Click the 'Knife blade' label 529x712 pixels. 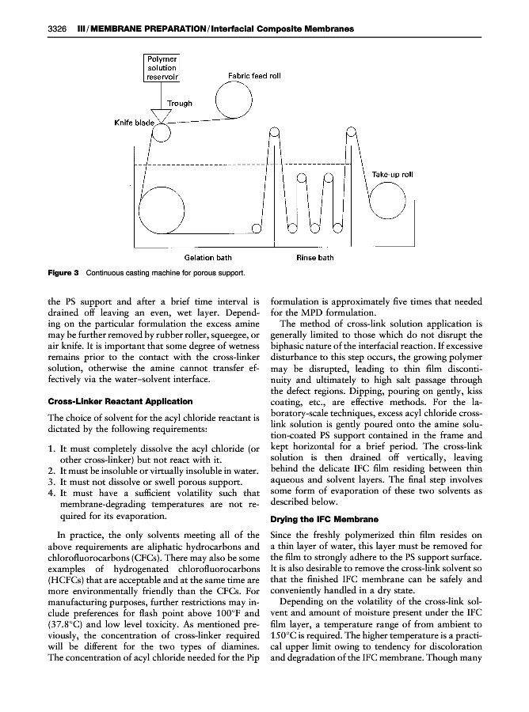tap(131, 123)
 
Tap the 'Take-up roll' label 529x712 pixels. tap(392, 174)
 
